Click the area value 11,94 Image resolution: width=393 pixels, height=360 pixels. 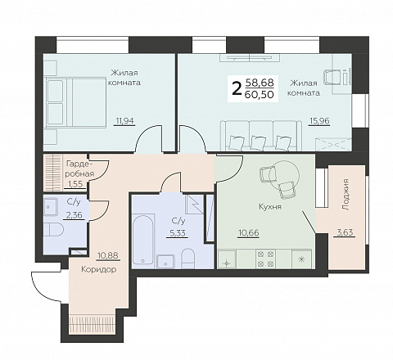pyautogui.click(x=124, y=120)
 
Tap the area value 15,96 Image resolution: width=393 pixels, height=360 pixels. pyautogui.click(x=319, y=120)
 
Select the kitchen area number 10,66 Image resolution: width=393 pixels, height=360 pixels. pyautogui.click(x=248, y=233)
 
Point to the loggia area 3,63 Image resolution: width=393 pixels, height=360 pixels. pyautogui.click(x=345, y=232)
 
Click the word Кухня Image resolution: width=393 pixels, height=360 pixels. pyautogui.click(x=270, y=207)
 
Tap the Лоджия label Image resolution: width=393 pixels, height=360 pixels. pyautogui.click(x=346, y=195)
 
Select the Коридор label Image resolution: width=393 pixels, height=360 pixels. pyautogui.click(x=99, y=269)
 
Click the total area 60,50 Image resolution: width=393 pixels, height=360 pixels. pyautogui.click(x=260, y=94)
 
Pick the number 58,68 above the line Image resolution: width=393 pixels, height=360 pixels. pyautogui.click(x=260, y=82)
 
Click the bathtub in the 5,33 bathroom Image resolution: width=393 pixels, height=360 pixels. pyautogui.click(x=143, y=240)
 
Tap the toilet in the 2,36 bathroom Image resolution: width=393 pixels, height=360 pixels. pyautogui.click(x=53, y=230)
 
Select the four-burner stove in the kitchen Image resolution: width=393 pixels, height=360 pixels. pyautogui.click(x=264, y=259)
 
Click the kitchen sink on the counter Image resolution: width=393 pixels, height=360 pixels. pyautogui.click(x=227, y=259)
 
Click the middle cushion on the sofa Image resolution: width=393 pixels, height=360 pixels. pyautogui.click(x=258, y=142)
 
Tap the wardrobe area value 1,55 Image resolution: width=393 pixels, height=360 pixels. pyautogui.click(x=75, y=184)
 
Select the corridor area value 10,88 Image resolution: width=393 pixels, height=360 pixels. pyautogui.click(x=109, y=256)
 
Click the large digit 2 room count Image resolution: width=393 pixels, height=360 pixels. pyautogui.click(x=237, y=88)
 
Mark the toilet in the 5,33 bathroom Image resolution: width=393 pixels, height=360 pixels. pyautogui.click(x=187, y=258)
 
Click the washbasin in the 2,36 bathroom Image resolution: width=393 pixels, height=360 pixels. pyautogui.click(x=50, y=206)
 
